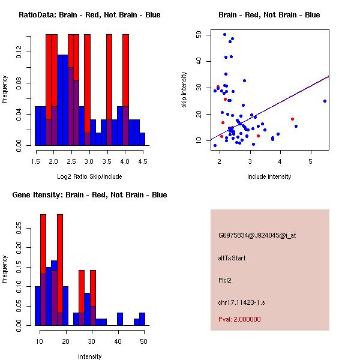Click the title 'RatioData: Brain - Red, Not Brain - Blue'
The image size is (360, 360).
click(89, 15)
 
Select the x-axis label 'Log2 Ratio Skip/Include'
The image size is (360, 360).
click(89, 176)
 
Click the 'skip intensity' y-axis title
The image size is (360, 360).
click(185, 90)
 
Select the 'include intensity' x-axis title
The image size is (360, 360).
click(269, 176)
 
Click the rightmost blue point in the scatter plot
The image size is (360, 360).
click(325, 101)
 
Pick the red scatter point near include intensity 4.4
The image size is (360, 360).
click(292, 119)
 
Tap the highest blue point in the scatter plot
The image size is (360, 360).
click(224, 34)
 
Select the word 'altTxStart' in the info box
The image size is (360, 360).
click(232, 258)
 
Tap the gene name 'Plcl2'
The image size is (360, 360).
click(225, 280)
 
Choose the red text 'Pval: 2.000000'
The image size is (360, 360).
click(239, 319)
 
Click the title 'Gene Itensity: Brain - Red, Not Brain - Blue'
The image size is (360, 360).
click(89, 195)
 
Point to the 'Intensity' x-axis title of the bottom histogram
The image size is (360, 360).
click(89, 356)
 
